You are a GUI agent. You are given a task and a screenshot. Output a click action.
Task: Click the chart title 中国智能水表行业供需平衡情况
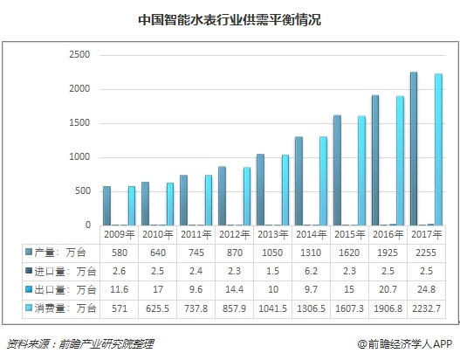[x=230, y=19]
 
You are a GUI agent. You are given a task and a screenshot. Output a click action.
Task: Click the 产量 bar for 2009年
[x=106, y=205]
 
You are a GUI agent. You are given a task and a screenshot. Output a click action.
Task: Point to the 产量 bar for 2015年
[x=336, y=170]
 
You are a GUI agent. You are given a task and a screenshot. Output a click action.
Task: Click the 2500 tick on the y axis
[x=79, y=55]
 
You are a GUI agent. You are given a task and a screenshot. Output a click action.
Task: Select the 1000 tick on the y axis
[x=79, y=157]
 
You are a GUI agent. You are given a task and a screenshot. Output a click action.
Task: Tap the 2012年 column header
[x=235, y=234]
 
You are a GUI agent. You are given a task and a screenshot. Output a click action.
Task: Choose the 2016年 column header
[x=388, y=234]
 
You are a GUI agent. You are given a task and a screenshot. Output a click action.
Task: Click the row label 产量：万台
[x=60, y=253]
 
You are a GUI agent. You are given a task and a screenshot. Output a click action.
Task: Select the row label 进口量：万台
[x=60, y=271]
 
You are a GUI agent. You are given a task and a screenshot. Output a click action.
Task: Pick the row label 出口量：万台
[x=60, y=290]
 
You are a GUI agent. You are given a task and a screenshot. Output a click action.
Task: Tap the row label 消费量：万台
[x=60, y=309]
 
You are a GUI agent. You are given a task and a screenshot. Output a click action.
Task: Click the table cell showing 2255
[x=426, y=253]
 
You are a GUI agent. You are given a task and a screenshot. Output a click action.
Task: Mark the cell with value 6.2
[x=312, y=271]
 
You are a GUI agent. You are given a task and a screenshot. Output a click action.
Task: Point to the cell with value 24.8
[x=426, y=290]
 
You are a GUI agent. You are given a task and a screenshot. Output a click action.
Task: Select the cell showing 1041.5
[x=273, y=309]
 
